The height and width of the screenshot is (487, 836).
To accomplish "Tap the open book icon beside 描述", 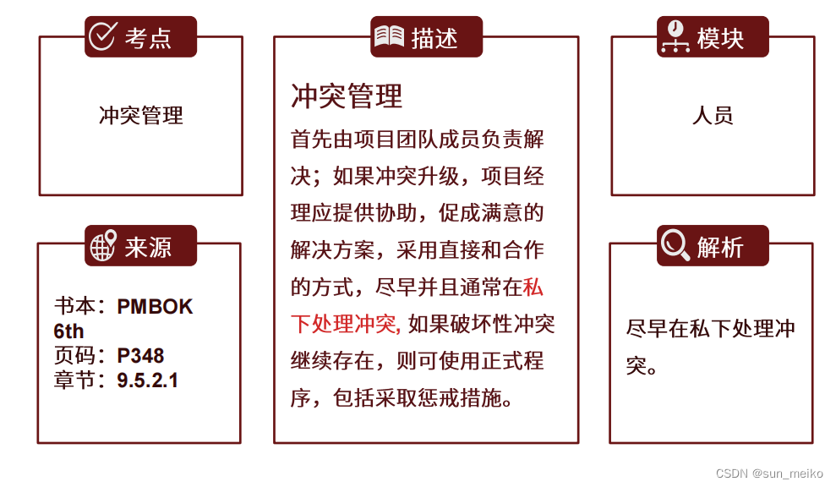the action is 390,36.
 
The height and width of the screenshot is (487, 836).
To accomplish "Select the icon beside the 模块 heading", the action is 675,36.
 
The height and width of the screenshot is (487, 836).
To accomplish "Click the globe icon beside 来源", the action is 103,246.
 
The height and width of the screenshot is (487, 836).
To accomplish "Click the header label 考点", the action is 149,37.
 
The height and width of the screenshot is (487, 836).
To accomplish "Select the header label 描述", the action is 434,37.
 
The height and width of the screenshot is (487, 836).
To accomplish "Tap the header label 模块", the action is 720,37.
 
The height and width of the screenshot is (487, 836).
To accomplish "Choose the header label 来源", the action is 149,247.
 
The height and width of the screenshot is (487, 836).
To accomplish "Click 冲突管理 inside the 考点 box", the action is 141,116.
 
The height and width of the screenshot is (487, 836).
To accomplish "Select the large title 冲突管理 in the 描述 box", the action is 347,96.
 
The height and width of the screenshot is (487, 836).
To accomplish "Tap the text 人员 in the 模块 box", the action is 713,116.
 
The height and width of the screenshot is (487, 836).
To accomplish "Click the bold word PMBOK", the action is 156,306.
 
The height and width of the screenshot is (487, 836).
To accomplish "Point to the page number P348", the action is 141,355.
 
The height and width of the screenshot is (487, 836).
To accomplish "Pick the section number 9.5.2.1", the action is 148,380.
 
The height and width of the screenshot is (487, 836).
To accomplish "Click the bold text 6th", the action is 69,331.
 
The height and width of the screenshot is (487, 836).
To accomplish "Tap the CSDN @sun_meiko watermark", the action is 768,473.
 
